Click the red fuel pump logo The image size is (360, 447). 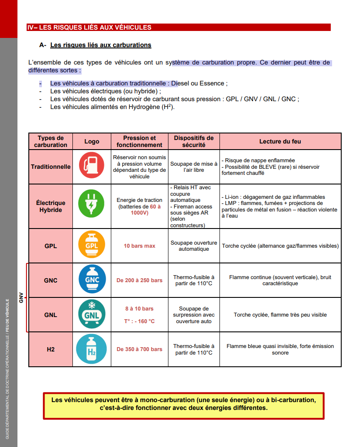point(92,166)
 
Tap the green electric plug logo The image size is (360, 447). point(92,206)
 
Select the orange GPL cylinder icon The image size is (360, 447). point(92,246)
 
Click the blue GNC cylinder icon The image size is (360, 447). point(92,280)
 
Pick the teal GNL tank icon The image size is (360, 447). point(92,314)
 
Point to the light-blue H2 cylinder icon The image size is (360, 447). point(92,349)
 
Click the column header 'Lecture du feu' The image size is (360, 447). point(280,141)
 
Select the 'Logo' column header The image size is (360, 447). point(92,141)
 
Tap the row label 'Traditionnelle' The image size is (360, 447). point(51,167)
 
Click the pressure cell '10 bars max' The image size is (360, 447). point(139,246)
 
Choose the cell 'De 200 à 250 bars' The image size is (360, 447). point(139,280)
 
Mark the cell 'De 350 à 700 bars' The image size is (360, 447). point(139,349)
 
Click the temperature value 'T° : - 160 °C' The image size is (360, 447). point(139,321)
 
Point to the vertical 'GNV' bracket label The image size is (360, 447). point(21,298)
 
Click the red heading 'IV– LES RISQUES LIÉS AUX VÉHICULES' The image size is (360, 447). point(89,27)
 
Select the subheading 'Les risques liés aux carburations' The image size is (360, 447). point(101,45)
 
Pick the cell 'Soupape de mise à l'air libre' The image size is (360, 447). point(194,167)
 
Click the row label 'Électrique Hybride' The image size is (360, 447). point(51,206)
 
